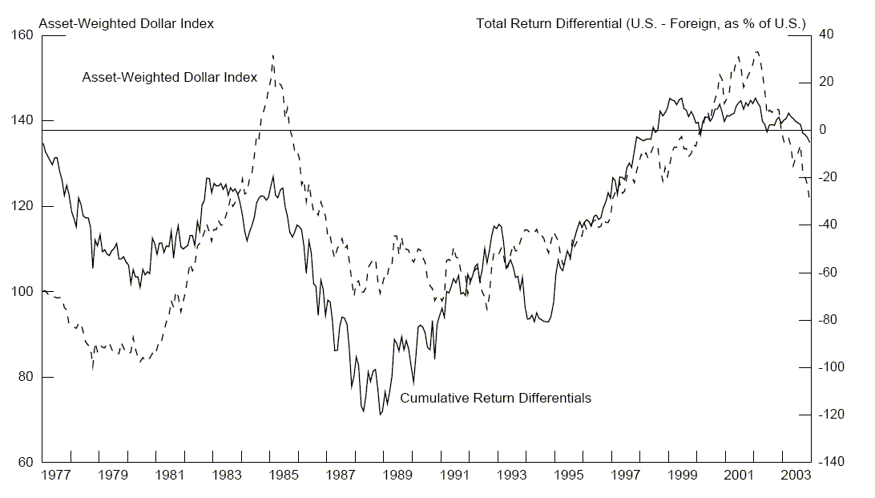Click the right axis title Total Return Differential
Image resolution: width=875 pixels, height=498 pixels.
pos(641,23)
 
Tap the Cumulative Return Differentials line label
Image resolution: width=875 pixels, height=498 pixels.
pos(495,398)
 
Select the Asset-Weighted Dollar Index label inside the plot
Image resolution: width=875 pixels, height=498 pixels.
pos(170,78)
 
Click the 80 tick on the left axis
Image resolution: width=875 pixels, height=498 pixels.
pos(25,377)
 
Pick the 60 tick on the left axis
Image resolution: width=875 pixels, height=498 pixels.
pos(25,463)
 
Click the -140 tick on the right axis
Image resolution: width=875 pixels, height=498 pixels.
pos(831,463)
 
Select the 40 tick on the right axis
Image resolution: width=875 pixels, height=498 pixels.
pos(826,35)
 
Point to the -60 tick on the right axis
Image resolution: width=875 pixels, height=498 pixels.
pos(829,273)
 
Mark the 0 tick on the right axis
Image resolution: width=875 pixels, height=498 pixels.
pos(823,130)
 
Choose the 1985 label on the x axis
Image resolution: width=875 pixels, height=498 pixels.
pos(284,476)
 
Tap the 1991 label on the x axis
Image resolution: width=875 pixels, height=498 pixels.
pos(454,476)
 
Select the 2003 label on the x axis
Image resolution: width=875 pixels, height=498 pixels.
pos(796,476)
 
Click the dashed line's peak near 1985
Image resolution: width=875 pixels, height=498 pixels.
pos(272,55)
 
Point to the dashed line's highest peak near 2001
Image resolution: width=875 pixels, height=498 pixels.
pos(756,51)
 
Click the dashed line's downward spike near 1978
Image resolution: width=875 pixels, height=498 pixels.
pos(93,368)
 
